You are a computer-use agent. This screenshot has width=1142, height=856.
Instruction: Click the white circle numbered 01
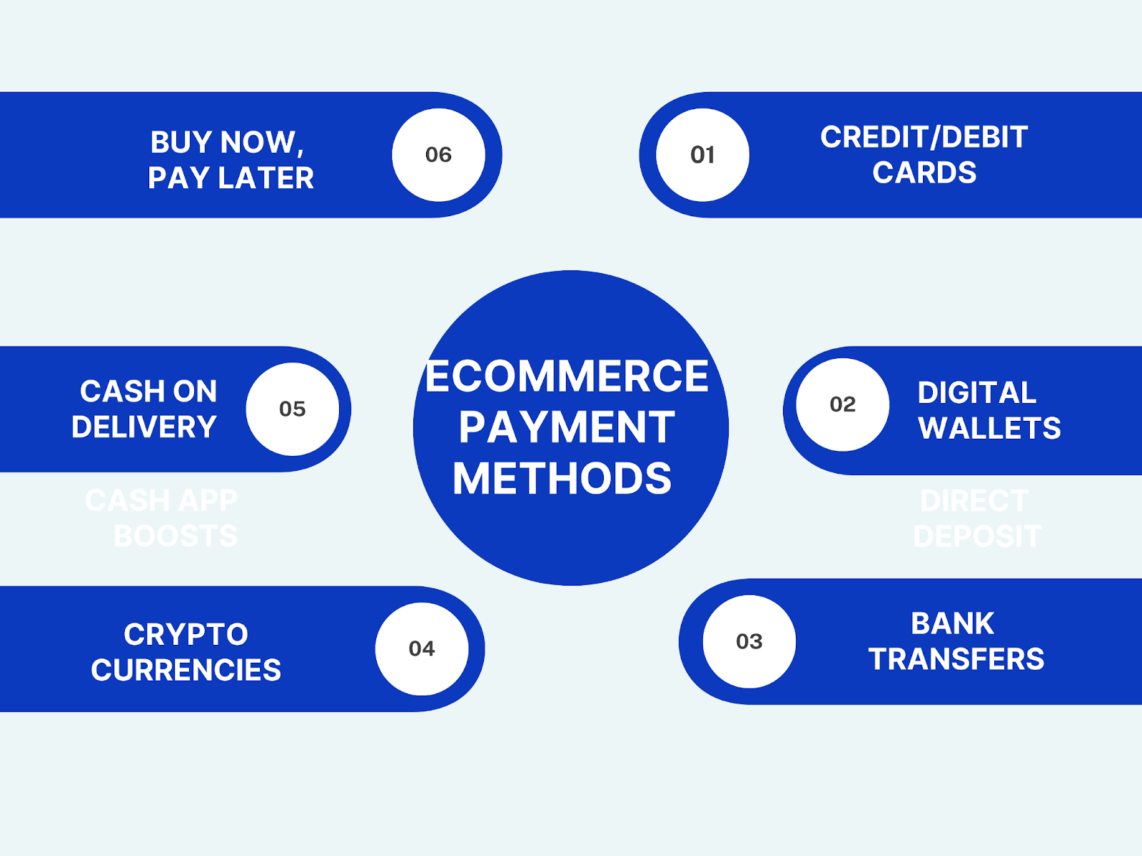702,155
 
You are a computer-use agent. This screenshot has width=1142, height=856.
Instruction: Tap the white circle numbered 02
842,404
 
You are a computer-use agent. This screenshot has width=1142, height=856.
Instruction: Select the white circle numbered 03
749,641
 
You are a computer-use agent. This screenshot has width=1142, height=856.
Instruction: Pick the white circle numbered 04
422,648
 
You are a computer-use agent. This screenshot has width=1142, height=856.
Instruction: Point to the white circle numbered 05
293,409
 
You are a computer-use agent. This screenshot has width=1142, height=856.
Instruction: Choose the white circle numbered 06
438,155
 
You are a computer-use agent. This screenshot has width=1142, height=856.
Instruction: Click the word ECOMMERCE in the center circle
567,376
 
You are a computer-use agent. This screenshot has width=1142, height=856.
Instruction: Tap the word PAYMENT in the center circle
567,427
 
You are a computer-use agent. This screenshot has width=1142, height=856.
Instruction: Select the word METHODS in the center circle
562,478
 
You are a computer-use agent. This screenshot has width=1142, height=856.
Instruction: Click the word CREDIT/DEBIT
924,137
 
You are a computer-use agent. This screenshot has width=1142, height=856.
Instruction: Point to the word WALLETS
989,428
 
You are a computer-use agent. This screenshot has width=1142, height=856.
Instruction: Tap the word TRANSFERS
956,659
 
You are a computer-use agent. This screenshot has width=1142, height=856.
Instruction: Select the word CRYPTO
186,634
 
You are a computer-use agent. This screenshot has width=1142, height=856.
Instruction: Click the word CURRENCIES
186,670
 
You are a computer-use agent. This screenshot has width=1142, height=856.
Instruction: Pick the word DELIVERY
143,427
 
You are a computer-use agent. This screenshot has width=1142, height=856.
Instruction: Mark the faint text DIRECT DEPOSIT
976,519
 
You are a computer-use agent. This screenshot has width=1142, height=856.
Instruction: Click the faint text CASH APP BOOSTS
163,518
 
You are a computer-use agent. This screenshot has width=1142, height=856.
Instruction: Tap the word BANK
952,623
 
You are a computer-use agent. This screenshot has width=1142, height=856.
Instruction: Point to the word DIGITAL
976,392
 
